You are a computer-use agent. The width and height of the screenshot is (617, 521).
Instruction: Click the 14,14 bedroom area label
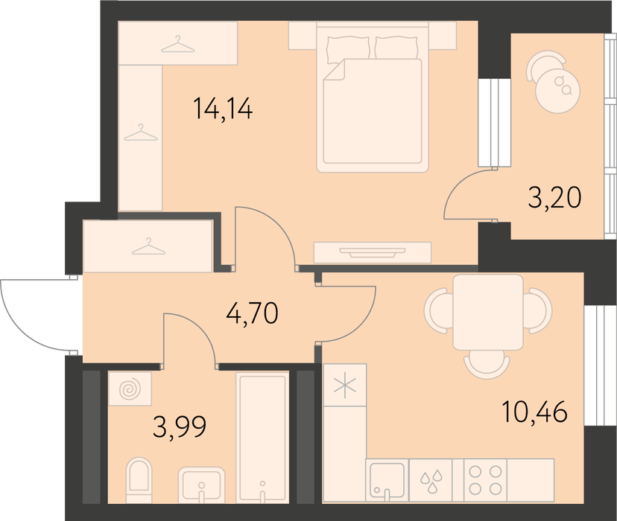[223, 109]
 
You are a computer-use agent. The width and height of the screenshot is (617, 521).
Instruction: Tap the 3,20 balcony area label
[554, 197]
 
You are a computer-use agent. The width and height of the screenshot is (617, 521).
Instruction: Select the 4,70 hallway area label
[252, 313]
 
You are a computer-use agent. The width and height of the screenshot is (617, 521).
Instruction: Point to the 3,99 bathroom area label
[180, 427]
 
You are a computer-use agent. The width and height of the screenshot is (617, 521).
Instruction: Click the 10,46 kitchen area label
[534, 412]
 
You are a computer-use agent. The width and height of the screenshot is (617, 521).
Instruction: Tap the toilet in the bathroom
[139, 480]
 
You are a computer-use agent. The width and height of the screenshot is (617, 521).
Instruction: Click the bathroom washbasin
[201, 485]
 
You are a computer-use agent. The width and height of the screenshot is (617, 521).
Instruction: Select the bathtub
[262, 438]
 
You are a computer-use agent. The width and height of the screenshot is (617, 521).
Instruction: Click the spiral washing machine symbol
[130, 389]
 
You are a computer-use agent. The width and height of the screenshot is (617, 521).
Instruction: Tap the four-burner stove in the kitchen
[486, 480]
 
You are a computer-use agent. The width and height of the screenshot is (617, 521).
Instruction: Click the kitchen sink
[387, 480]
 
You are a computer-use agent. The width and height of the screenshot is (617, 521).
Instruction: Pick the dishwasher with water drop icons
[431, 480]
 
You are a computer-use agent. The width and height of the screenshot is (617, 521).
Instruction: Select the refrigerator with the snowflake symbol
[345, 385]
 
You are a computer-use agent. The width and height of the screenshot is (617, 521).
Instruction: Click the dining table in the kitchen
[488, 312]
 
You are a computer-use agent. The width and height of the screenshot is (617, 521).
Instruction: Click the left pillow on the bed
[348, 48]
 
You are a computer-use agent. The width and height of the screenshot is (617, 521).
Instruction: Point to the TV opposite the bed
[373, 252]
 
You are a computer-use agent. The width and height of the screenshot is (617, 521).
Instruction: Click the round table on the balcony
[557, 91]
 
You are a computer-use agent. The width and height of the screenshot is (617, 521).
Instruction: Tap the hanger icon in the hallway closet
[148, 247]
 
